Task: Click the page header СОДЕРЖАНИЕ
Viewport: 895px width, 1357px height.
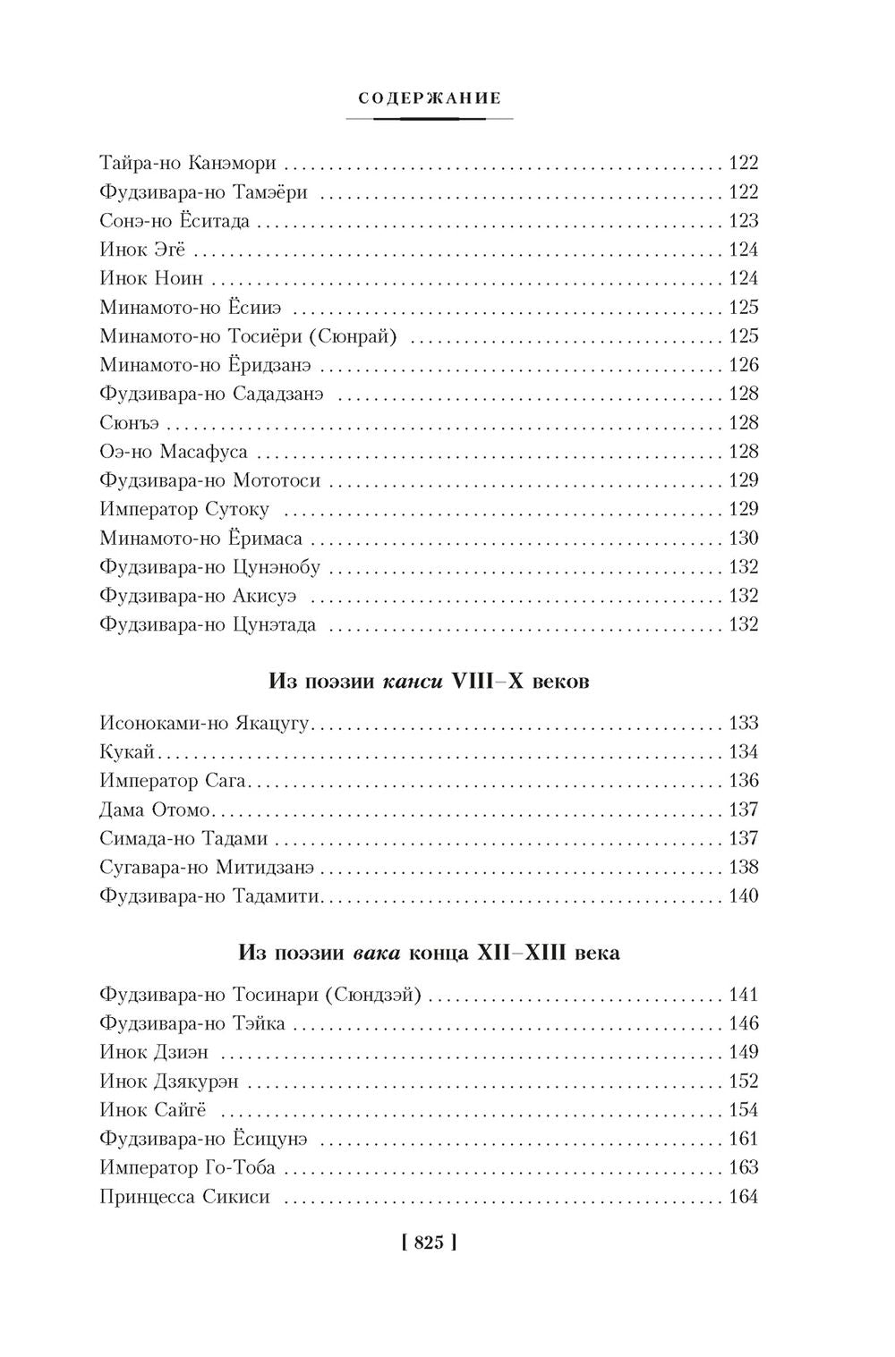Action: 430,98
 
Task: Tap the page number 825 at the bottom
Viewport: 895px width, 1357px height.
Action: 430,1242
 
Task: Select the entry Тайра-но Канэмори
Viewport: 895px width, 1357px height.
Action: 188,164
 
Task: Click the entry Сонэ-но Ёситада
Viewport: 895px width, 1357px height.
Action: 175,221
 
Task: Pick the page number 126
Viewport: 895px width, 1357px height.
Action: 744,365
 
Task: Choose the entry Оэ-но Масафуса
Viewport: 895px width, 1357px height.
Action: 174,452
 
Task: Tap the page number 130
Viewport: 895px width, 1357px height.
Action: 744,539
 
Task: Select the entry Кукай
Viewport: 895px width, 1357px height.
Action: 128,752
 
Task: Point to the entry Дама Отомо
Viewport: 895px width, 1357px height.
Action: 155,810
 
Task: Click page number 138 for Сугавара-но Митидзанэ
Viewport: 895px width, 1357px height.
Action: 744,868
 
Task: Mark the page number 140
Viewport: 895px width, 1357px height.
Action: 744,896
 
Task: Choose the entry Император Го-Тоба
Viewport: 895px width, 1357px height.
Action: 188,1168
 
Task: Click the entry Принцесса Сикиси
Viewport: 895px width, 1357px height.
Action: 185,1198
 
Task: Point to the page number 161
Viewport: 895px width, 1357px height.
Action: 744,1140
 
